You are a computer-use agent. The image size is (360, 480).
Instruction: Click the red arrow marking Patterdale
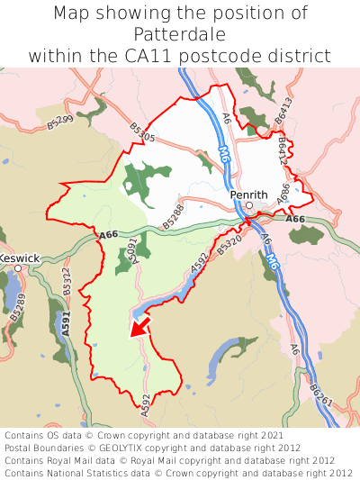pos(139,325)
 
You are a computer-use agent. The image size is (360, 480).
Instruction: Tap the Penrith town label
pos(248,194)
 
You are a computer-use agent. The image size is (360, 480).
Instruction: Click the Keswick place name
pos(20,258)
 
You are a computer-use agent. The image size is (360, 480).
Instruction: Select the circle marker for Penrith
pos(249,205)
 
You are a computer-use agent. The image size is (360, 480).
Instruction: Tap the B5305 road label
pos(142,137)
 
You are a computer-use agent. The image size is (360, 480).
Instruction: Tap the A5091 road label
pos(131,249)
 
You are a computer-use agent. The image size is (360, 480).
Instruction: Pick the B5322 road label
pos(67,283)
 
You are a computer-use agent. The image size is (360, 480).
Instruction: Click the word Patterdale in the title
pos(179,34)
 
